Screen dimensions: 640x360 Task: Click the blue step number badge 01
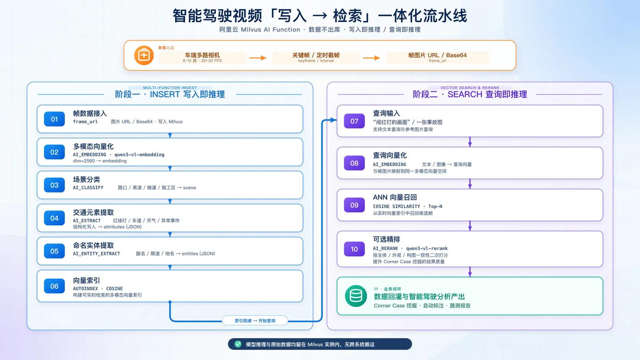(54, 119)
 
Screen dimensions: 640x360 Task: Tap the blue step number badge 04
(54, 218)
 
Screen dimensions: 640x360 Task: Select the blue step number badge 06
(54, 286)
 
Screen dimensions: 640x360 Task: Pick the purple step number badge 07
(354, 121)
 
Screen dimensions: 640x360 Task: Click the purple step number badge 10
(354, 249)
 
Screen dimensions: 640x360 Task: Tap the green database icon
(356, 296)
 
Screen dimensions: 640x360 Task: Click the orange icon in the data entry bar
(144, 55)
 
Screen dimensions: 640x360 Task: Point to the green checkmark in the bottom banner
(238, 344)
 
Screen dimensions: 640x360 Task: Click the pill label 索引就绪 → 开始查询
(255, 321)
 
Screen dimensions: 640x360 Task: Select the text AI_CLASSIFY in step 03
(88, 188)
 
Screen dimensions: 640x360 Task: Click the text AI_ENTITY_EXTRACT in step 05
(96, 254)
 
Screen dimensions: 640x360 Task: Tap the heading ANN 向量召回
(395, 197)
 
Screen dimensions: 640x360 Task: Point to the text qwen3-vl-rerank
(427, 249)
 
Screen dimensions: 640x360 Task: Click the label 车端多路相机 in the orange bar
(202, 55)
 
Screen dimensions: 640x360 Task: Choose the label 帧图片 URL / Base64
(437, 55)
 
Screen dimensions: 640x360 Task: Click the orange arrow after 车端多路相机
(258, 58)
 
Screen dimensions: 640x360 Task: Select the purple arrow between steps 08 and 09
(470, 184)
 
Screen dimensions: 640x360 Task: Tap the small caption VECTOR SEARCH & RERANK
(470, 88)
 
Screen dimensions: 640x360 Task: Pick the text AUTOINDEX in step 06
(85, 289)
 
